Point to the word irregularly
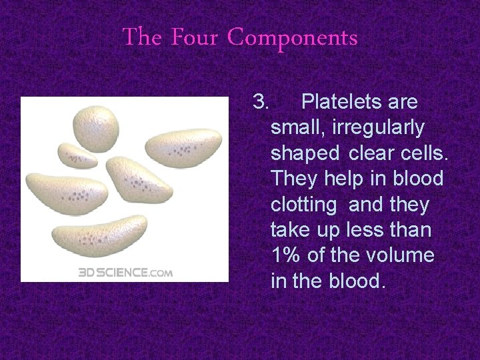pos(383,127)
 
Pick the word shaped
pos(305,153)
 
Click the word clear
pos(372,153)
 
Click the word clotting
pos(303,204)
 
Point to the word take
pos(291,230)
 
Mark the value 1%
pos(285,255)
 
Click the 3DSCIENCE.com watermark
pos(125,272)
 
